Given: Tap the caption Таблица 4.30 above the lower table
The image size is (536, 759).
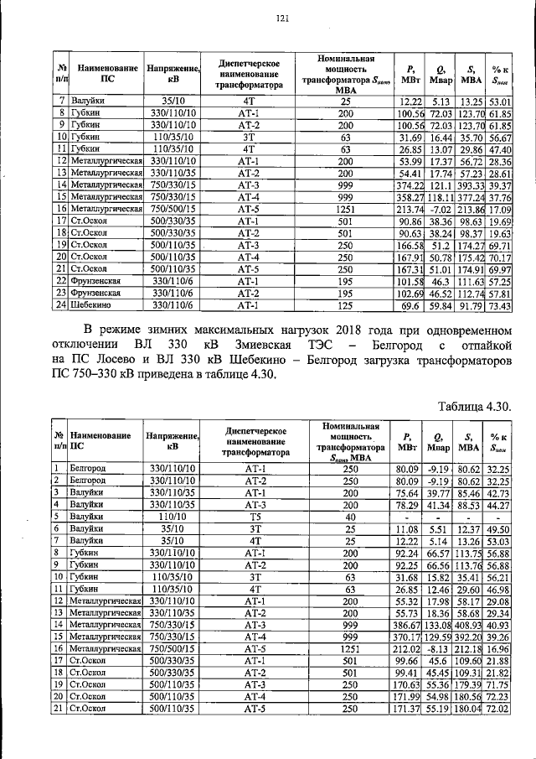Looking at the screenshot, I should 475,406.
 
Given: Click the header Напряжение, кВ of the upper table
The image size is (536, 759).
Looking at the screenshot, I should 172,75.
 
